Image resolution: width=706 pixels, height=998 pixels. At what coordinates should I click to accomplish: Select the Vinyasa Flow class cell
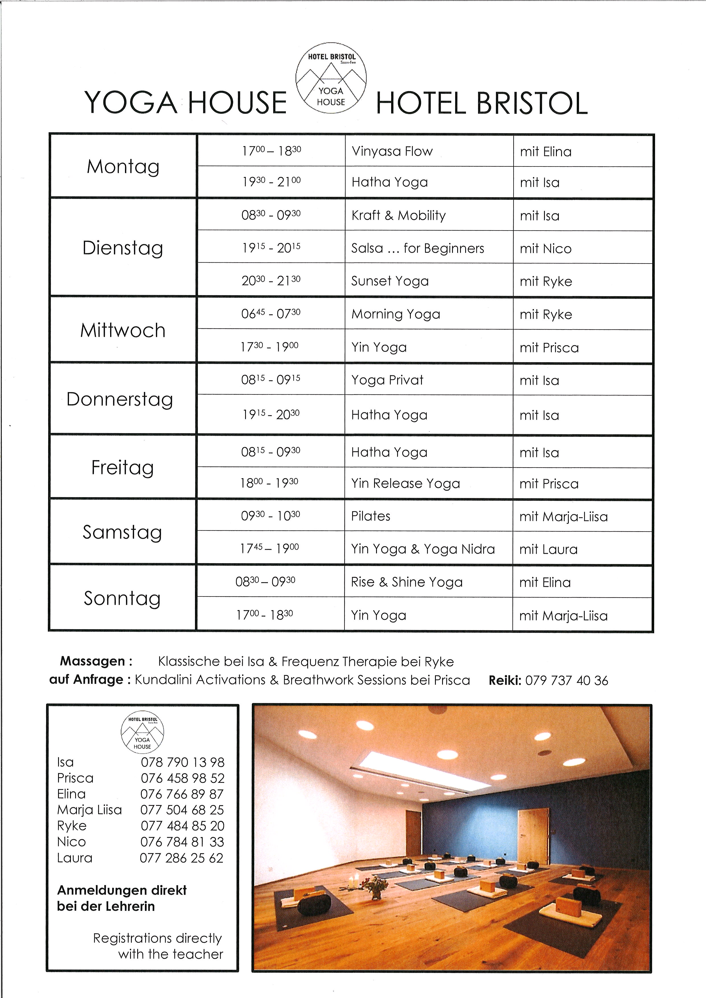392,151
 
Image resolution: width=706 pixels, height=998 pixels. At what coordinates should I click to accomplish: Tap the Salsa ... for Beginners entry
417,248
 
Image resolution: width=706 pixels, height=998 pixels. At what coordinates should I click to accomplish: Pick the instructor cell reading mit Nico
546,249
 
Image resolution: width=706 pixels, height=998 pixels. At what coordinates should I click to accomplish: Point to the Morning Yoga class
396,314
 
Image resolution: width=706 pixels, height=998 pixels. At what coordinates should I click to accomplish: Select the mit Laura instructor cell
548,550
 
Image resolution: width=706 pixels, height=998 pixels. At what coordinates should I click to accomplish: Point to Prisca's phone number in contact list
182,778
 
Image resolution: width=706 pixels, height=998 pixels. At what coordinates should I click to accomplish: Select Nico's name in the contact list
71,842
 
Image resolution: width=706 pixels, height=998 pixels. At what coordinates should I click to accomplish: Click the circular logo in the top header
331,78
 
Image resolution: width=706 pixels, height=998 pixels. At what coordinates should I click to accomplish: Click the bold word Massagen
93,661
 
